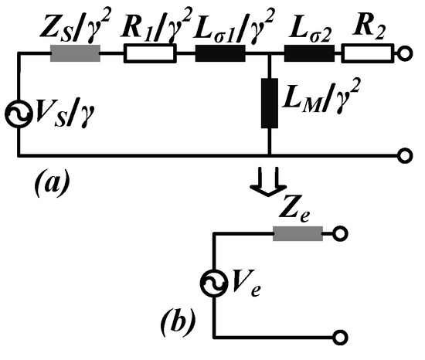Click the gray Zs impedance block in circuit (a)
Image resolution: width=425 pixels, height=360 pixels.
tap(74, 55)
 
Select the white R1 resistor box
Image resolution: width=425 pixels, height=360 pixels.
tap(150, 55)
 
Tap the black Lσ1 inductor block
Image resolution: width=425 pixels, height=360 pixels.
tap(219, 55)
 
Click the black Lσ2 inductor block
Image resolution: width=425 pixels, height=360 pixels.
tap(309, 55)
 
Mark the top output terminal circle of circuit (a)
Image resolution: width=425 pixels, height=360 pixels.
tap(403, 55)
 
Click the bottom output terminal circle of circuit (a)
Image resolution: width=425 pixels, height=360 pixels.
tap(403, 155)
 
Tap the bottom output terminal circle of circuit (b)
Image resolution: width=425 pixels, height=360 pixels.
tap(338, 336)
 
